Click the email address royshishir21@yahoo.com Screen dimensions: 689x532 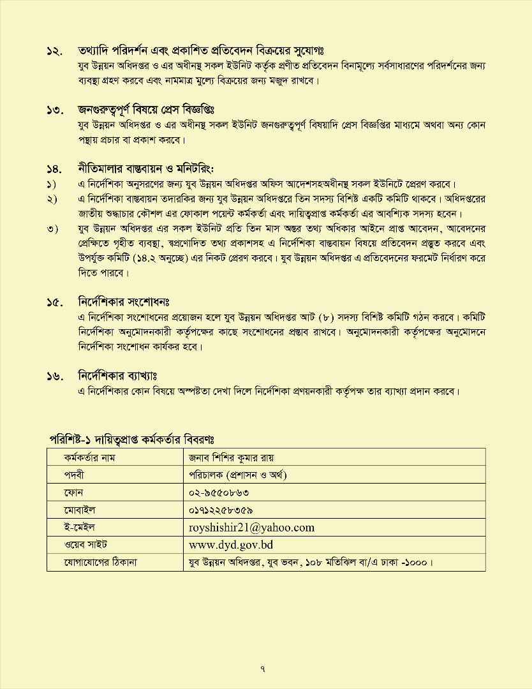point(251,528)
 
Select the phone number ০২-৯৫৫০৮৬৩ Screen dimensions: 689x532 point(219,493)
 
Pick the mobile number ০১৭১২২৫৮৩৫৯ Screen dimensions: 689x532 point(221,510)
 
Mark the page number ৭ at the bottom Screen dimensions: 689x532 point(263,668)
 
